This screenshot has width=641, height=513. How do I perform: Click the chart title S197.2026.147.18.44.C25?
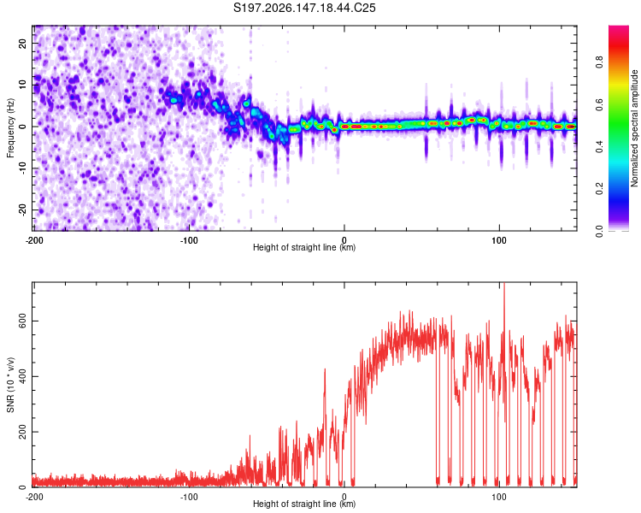(304, 8)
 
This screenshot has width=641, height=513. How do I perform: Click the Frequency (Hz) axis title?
(10, 127)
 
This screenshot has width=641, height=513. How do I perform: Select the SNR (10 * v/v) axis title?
(10, 385)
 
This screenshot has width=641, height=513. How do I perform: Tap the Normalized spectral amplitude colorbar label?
(634, 128)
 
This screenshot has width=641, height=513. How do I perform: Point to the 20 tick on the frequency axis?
(22, 43)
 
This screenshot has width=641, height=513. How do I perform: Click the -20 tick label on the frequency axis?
(22, 209)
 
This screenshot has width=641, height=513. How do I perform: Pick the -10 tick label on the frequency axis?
(22, 168)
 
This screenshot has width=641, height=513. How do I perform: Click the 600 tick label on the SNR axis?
(22, 321)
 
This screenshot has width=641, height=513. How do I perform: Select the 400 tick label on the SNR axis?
(22, 376)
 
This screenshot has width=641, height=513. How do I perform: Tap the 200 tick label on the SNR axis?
(22, 432)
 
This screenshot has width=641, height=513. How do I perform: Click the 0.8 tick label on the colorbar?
(599, 62)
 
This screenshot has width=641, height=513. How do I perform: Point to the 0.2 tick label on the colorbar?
(599, 189)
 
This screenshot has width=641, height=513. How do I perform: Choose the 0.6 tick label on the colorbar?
(599, 104)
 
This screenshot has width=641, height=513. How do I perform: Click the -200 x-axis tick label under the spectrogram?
(34, 240)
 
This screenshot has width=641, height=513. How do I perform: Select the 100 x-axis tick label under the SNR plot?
(499, 497)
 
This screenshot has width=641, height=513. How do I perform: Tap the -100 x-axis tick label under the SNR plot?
(189, 497)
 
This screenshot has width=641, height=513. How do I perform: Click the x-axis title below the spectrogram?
(304, 247)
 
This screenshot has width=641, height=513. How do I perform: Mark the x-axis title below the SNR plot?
(304, 504)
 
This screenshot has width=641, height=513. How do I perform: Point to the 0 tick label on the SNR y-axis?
(22, 486)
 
